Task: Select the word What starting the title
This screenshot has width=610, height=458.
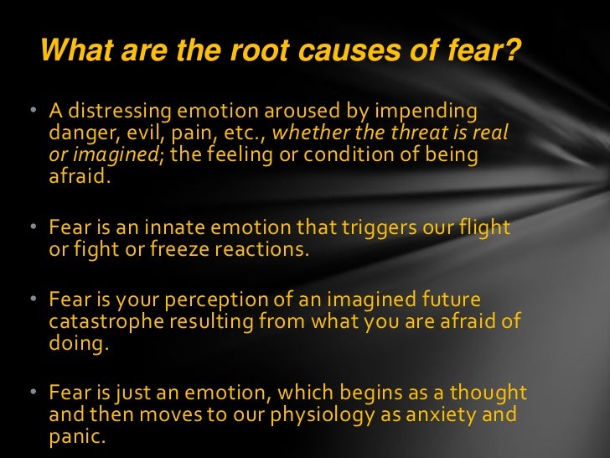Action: [76, 52]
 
